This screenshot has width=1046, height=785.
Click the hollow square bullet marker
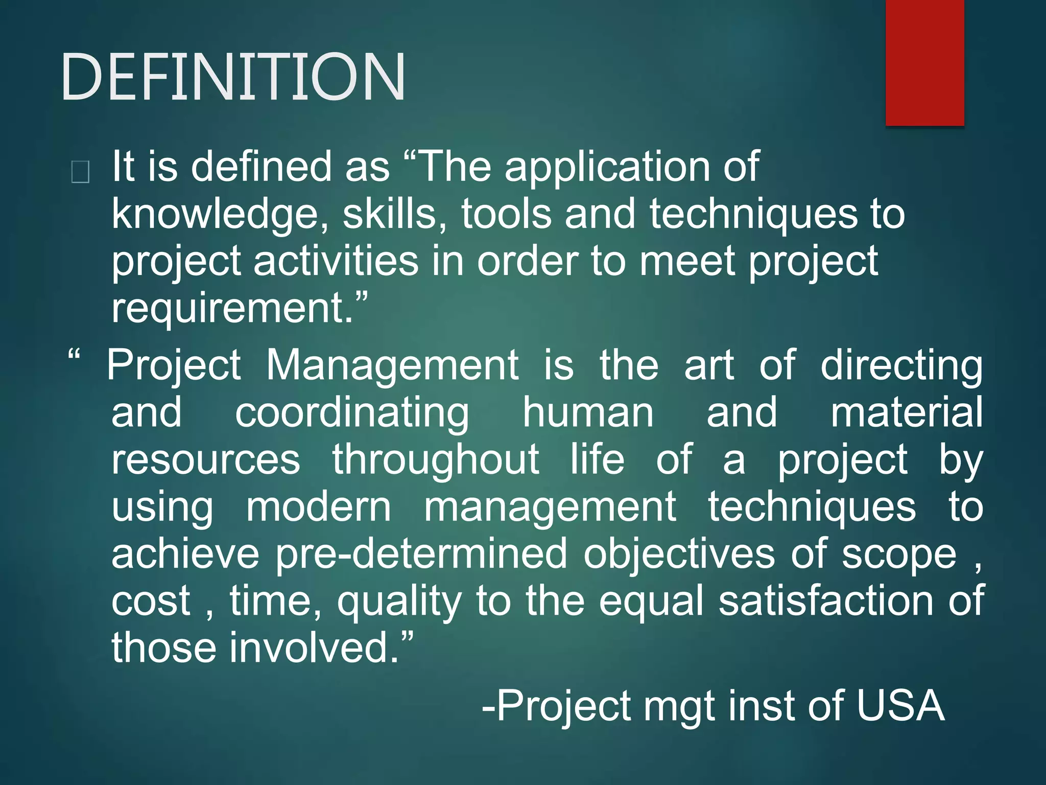click(x=81, y=172)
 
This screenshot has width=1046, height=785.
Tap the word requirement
click(x=232, y=308)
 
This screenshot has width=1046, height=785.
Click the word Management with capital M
click(x=392, y=365)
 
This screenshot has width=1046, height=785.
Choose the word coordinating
click(x=352, y=413)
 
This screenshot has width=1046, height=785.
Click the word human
click(x=588, y=412)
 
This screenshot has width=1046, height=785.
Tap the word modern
click(x=319, y=507)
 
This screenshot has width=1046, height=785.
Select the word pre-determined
click(x=421, y=554)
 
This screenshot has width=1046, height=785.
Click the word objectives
click(x=679, y=554)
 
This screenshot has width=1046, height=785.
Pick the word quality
click(x=399, y=602)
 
